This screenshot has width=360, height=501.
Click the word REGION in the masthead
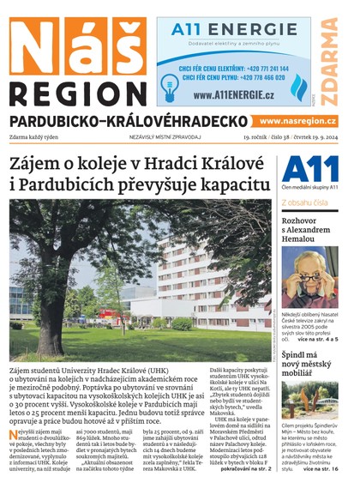tap(72, 92)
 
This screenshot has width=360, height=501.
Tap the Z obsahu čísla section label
tap(305, 203)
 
